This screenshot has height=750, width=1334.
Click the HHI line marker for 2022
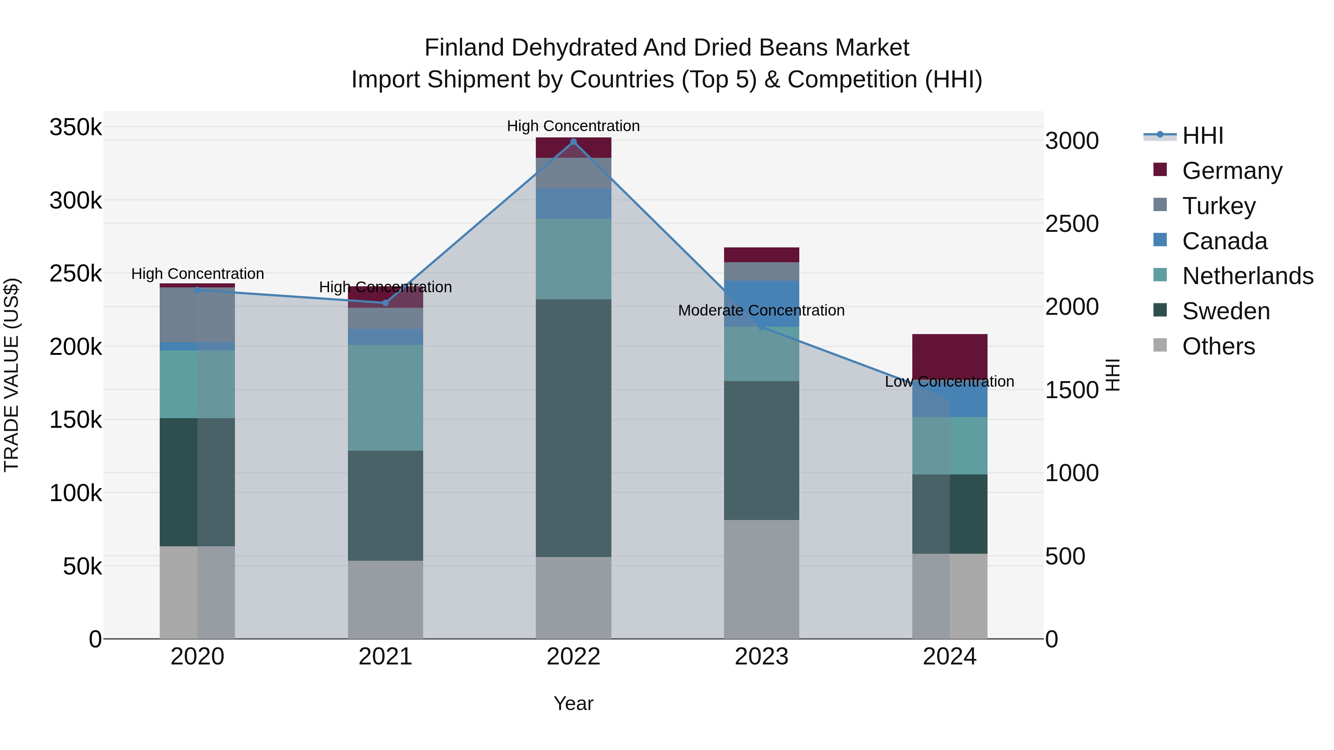[x=573, y=142]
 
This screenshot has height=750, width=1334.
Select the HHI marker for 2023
[x=761, y=327]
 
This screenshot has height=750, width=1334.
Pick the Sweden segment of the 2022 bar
[x=573, y=428]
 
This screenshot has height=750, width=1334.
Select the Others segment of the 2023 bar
[x=761, y=579]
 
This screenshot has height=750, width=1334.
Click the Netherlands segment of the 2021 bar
[x=385, y=397]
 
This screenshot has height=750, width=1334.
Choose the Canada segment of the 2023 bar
[x=761, y=303]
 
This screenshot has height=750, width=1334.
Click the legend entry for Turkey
[x=1218, y=206]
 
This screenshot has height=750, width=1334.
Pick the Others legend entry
[x=1218, y=346]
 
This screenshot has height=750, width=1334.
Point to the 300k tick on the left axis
[x=76, y=200]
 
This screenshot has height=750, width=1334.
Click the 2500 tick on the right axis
[x=1071, y=224]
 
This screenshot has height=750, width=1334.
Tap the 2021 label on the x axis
[x=385, y=657]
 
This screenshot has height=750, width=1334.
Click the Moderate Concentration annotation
[x=761, y=311]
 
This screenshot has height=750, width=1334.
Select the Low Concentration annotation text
[x=949, y=381]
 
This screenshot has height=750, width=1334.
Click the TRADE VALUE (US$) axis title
[x=11, y=375]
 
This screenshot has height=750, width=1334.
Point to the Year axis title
[x=573, y=703]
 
